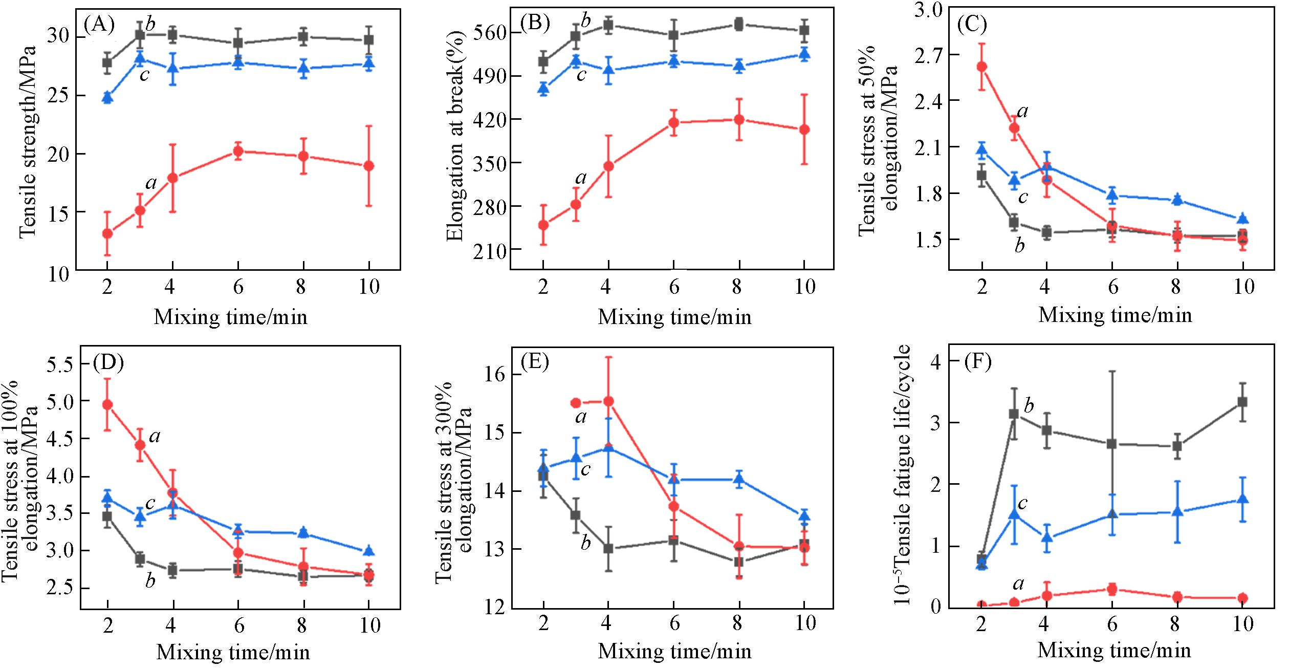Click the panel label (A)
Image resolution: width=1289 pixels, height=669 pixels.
coord(99,24)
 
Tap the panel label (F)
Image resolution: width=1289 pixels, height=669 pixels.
coord(977,362)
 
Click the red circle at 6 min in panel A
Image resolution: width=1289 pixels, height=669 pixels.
coord(237,151)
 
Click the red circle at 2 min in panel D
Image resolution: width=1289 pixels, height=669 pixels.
coord(107,404)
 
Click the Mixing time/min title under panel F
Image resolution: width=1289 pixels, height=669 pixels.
coord(1114,650)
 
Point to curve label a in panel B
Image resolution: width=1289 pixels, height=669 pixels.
coord(581,178)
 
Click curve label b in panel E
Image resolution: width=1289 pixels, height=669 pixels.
coord(585,543)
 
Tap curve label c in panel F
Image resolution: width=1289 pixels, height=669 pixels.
coord(1022,504)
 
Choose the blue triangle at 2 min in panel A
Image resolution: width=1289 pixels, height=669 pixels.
coord(107,97)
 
